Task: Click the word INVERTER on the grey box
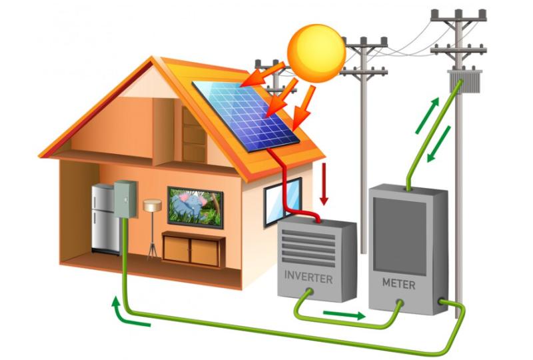click(x=308, y=277)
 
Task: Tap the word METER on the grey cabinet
click(x=398, y=283)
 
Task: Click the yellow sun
click(x=316, y=53)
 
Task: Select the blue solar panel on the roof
click(x=246, y=116)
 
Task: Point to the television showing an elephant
click(x=195, y=207)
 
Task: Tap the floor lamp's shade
click(x=153, y=205)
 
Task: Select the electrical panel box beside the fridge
click(x=125, y=199)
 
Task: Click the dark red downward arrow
click(x=324, y=184)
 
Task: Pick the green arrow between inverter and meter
click(x=344, y=315)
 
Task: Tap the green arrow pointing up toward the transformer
click(x=427, y=115)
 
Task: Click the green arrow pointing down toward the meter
click(x=439, y=144)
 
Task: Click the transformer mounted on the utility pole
click(x=464, y=81)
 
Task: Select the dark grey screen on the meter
click(x=400, y=236)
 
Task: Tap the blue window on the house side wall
click(x=282, y=202)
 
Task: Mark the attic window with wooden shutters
click(x=194, y=135)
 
